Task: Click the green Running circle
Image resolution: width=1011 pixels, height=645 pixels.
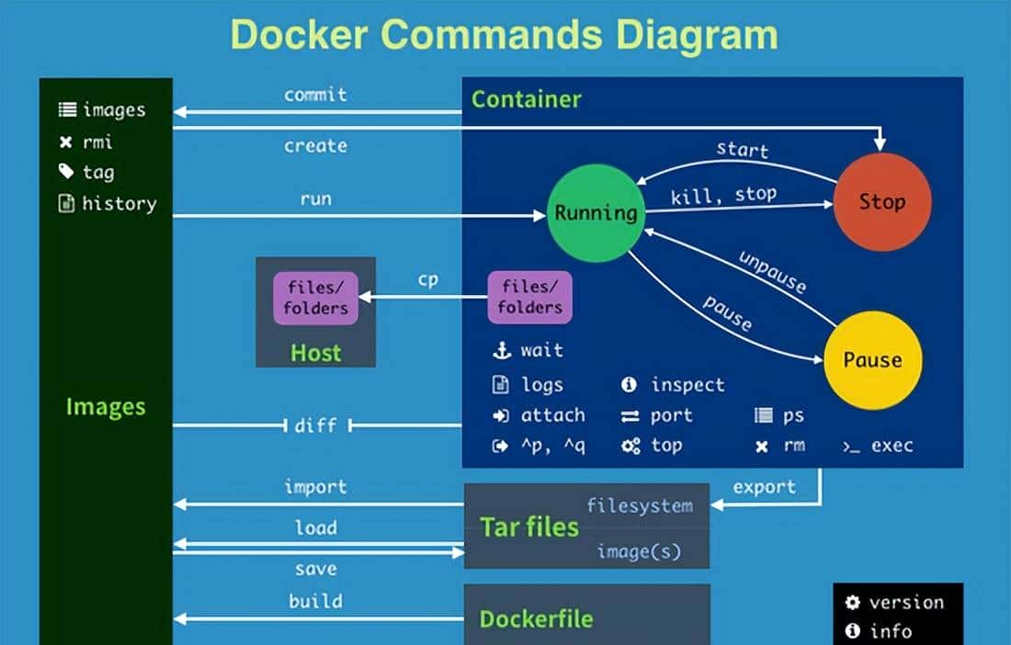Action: tap(596, 213)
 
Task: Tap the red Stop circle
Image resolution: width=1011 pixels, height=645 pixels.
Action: tap(881, 202)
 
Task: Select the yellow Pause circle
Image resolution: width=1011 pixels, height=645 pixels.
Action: tap(872, 359)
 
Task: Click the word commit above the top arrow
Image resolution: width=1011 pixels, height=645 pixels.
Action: tap(315, 95)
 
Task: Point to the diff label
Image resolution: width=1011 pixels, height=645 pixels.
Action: tap(315, 425)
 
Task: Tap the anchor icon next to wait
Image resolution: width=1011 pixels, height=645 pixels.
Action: tap(501, 350)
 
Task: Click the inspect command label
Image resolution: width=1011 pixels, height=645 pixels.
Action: tap(687, 385)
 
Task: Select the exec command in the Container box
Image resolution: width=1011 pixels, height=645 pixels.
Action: tap(892, 446)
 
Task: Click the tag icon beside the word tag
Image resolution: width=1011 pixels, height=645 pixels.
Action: tap(66, 172)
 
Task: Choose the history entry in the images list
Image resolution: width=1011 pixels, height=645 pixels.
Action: tap(119, 204)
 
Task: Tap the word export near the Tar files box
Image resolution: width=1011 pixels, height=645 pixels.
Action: tap(765, 486)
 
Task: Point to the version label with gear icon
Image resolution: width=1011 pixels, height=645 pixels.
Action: tap(905, 603)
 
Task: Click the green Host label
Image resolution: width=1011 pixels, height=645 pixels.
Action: tap(315, 353)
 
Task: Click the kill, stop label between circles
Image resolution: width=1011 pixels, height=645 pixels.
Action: tap(723, 195)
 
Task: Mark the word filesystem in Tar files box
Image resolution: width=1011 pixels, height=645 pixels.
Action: tap(640, 505)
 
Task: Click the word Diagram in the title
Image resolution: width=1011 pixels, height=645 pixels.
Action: tap(684, 34)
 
